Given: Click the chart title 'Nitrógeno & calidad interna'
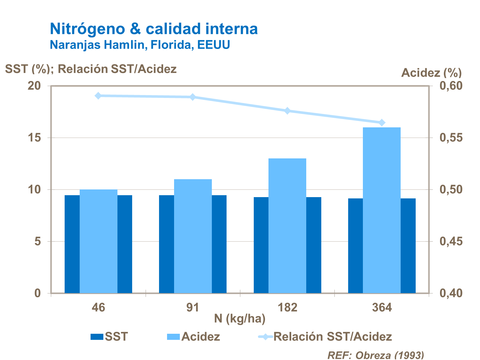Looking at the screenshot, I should click(154, 29).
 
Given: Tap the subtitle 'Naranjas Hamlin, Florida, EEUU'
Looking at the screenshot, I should click(140, 45).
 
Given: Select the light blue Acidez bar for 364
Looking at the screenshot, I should click(382, 210).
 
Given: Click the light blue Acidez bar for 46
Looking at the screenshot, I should click(98, 241).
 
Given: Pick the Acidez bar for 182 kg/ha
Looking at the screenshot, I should click(287, 226).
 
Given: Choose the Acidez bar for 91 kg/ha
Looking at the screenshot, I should click(193, 236).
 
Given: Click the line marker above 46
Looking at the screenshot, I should click(98, 96).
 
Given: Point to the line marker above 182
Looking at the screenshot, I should click(287, 111).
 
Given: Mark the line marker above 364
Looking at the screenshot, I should click(382, 123).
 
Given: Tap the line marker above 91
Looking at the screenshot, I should click(193, 97).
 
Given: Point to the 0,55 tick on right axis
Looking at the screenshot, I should click(451, 138).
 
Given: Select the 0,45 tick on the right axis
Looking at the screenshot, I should click(451, 241).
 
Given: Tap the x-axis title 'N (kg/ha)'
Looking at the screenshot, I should click(240, 319).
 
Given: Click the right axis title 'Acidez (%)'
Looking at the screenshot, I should click(431, 73).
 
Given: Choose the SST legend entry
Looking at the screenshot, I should click(109, 337).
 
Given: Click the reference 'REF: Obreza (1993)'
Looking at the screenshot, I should click(376, 355).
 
